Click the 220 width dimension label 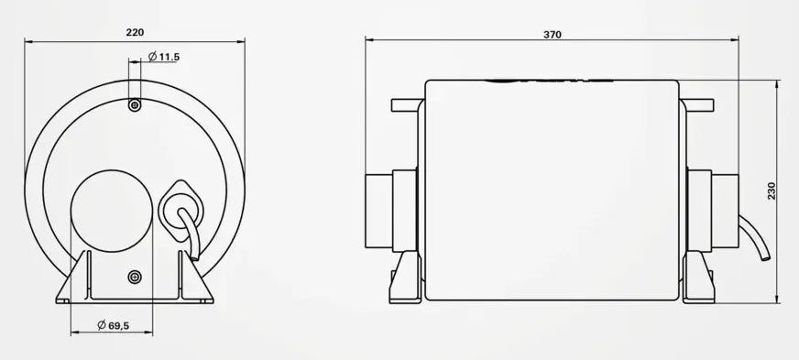click(x=135, y=32)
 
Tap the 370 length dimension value click(x=553, y=35)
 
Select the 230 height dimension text click(x=772, y=191)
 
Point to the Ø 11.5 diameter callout click(x=164, y=57)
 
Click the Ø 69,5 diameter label click(x=113, y=324)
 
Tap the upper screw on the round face click(x=135, y=105)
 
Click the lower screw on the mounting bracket click(x=135, y=277)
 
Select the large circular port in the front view click(x=112, y=211)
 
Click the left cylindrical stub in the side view click(x=391, y=211)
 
